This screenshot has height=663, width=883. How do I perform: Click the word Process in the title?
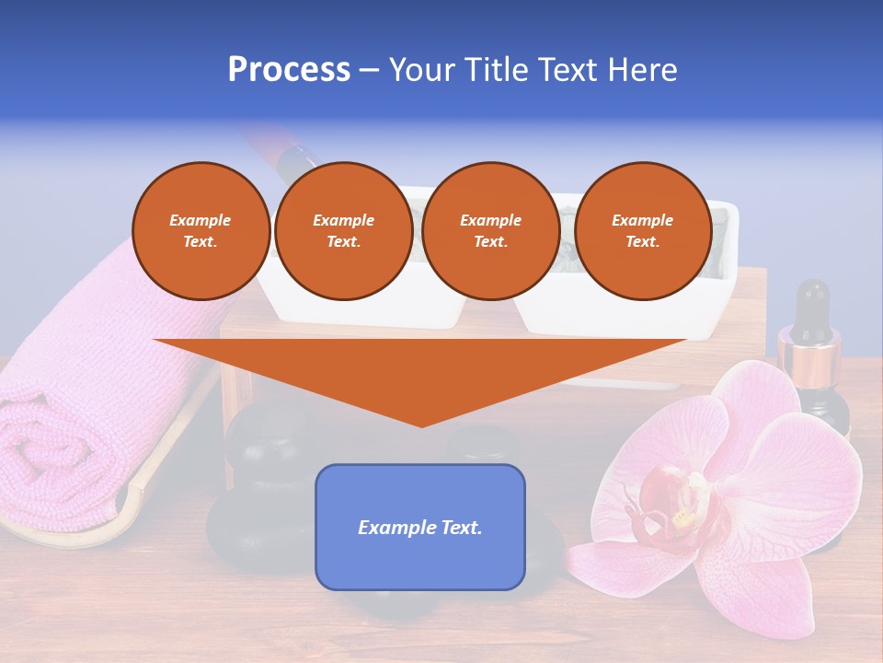click(x=289, y=70)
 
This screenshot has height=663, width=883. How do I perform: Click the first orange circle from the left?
click(x=201, y=231)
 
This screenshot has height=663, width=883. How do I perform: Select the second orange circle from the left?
click(x=343, y=231)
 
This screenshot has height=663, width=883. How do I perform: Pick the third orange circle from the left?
click(x=490, y=231)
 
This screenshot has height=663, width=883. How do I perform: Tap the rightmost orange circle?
click(x=642, y=231)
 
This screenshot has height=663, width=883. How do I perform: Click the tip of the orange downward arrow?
click(x=421, y=424)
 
